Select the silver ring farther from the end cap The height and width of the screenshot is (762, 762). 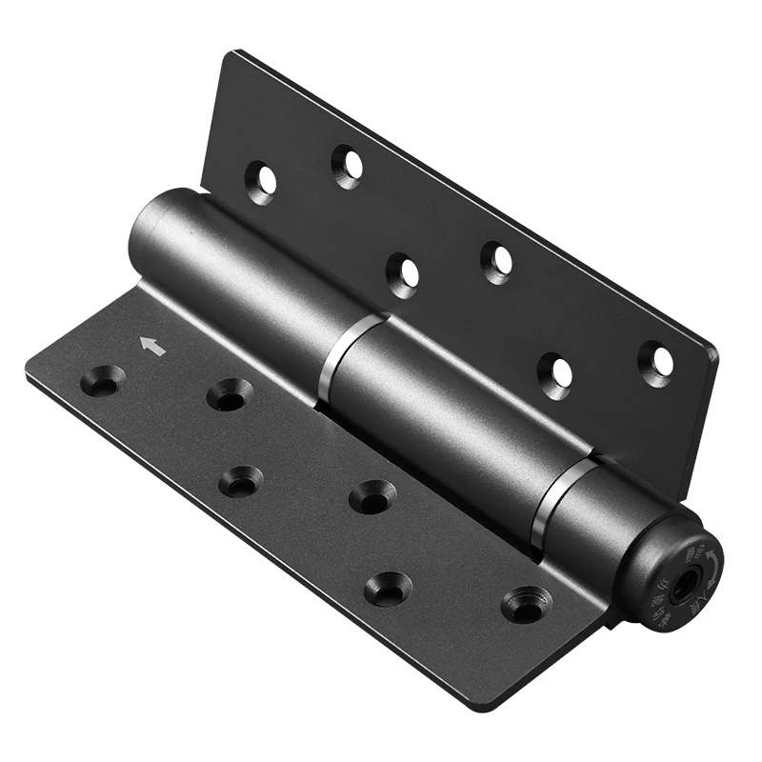point(342,342)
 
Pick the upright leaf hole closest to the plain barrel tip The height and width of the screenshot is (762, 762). point(261,178)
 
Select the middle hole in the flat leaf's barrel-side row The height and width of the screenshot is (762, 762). point(372,496)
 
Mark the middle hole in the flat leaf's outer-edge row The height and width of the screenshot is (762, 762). point(240,482)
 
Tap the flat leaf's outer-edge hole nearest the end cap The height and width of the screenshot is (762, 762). point(388,588)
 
